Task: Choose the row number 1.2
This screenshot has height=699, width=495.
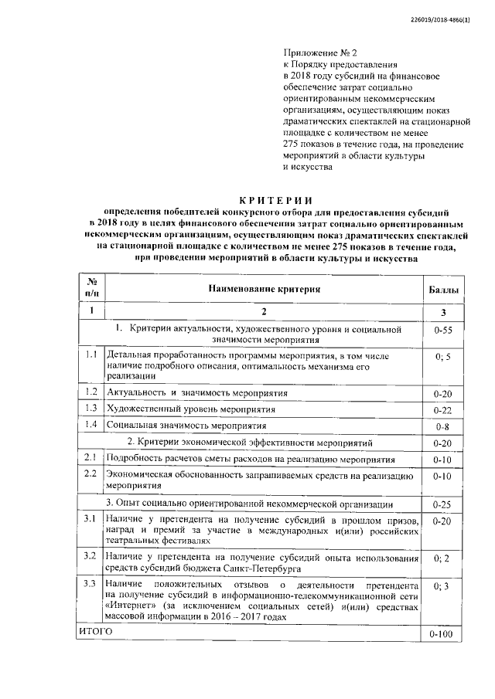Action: pyautogui.click(x=90, y=392)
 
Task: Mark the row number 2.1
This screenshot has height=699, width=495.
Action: pyautogui.click(x=90, y=459)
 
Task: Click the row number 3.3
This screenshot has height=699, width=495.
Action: pyautogui.click(x=90, y=583)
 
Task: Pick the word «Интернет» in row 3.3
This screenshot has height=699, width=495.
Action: pyautogui.click(x=126, y=606)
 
